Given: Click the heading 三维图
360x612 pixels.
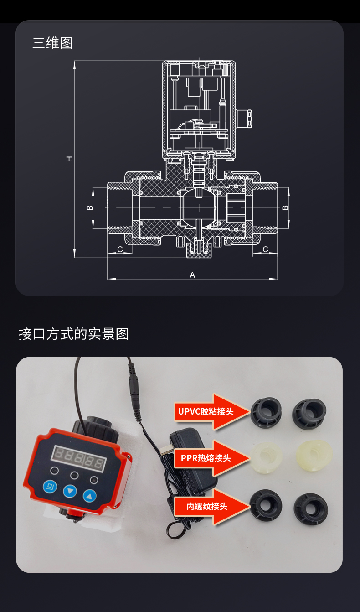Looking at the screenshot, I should tap(52, 43).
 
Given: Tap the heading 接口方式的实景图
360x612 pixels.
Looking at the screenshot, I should tap(73, 333).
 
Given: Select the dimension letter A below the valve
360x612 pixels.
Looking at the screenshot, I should tap(192, 275).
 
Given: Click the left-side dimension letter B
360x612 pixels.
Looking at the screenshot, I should tap(90, 208).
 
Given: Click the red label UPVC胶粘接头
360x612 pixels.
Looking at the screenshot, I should tap(206, 411).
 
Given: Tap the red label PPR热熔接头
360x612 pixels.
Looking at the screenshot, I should tap(206, 458).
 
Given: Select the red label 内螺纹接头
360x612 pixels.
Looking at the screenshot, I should tap(206, 506).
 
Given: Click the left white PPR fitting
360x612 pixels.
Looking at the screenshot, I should tap(266, 457).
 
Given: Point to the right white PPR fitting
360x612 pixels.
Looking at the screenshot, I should tap(314, 455).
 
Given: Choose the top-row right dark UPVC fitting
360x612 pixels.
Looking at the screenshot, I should tap(309, 413).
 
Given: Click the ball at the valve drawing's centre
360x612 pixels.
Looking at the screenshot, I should tap(200, 208).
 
